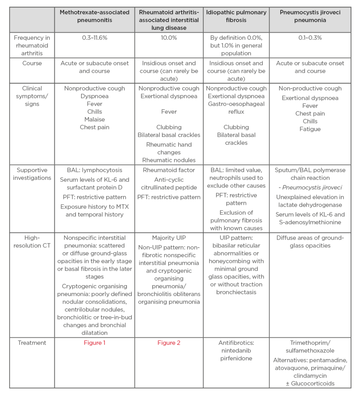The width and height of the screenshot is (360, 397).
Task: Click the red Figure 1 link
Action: (x=94, y=343)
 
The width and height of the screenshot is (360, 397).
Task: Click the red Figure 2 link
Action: (x=169, y=343)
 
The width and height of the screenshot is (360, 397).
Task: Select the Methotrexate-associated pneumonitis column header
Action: (x=94, y=16)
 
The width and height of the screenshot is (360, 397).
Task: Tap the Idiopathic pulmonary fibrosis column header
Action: (x=236, y=16)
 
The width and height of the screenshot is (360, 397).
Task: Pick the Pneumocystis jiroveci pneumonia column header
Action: (x=310, y=16)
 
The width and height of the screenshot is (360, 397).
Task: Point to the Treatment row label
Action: (x=32, y=343)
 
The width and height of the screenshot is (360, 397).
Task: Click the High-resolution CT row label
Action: (x=32, y=242)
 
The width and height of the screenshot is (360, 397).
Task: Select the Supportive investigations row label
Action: (x=32, y=174)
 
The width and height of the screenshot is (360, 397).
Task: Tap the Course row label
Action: (x=32, y=63)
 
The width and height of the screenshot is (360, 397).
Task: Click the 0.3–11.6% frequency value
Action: (x=94, y=38)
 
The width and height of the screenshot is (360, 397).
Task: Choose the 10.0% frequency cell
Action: (x=169, y=38)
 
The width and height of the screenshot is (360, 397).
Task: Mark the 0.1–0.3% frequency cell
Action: (x=310, y=38)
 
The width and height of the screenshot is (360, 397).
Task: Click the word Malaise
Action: (x=94, y=119)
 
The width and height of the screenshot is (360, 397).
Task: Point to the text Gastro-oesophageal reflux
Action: (x=236, y=108)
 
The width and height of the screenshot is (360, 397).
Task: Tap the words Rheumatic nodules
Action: (x=169, y=160)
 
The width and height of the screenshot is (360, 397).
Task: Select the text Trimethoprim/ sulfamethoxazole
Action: (x=310, y=346)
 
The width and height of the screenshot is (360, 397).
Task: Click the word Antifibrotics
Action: (x=236, y=343)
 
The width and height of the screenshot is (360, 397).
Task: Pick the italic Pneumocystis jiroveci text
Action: (x=310, y=187)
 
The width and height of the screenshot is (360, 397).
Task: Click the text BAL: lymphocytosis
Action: (x=94, y=170)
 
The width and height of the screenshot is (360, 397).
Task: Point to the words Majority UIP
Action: (x=169, y=238)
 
